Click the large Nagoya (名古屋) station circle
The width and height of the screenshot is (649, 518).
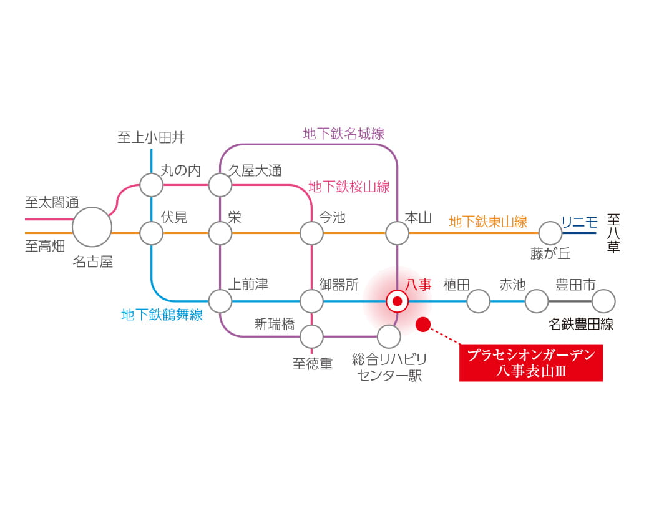[x=92, y=227]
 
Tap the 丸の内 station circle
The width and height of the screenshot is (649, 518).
[x=152, y=185]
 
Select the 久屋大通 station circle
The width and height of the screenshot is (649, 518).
[x=220, y=185]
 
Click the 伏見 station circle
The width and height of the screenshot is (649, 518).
[x=152, y=233]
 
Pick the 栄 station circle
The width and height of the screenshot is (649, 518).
[x=220, y=233]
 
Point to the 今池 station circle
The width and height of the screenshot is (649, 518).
[x=311, y=233]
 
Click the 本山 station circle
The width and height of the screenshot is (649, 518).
[x=398, y=233]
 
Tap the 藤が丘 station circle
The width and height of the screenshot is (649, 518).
[x=550, y=233]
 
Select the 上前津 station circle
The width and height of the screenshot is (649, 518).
[x=220, y=301]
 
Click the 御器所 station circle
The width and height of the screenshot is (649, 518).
[x=311, y=301]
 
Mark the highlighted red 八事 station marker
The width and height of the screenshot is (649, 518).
[x=398, y=301]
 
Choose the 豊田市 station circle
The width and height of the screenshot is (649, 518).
[x=603, y=301]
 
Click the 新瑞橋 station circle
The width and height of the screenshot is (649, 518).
[x=311, y=336]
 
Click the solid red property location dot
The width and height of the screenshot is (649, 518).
[x=423, y=324]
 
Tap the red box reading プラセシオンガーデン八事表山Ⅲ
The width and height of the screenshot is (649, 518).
[x=531, y=363]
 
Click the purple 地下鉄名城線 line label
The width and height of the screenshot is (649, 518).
[x=344, y=134]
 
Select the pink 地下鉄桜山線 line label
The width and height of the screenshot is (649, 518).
[x=349, y=187]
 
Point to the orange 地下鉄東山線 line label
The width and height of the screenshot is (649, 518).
[x=488, y=222]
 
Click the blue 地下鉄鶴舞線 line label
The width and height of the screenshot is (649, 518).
[x=162, y=315]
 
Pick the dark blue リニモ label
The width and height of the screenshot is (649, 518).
[x=580, y=222]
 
